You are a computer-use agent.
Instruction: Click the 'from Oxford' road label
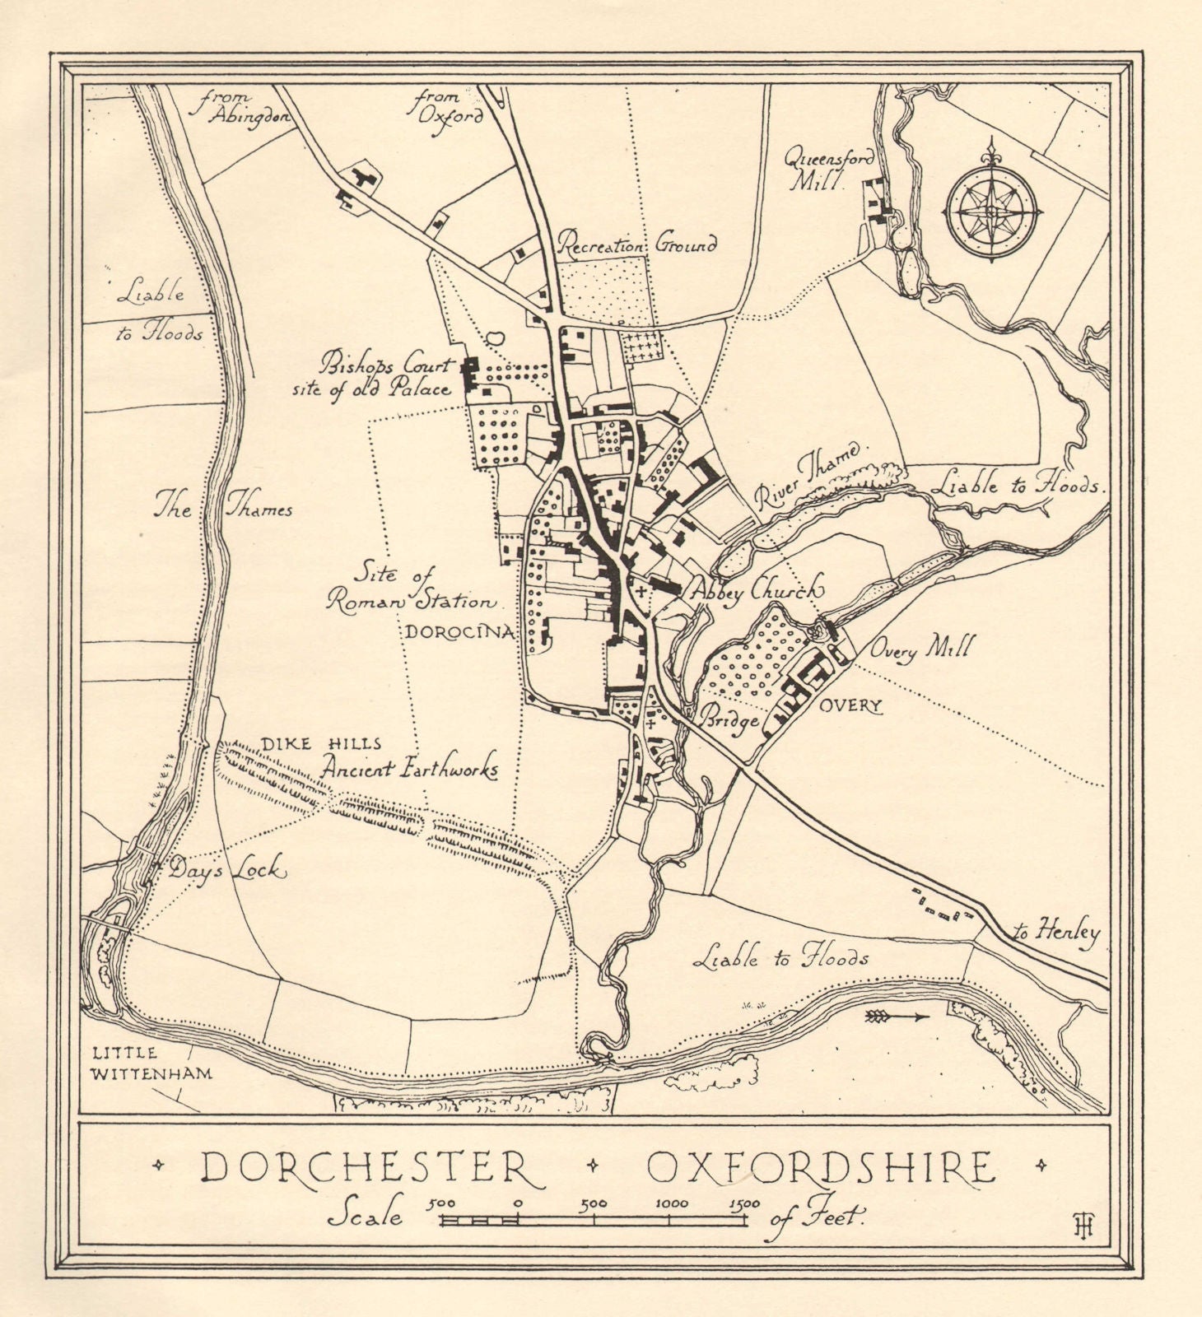[448, 107]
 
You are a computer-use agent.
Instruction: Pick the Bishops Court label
[388, 362]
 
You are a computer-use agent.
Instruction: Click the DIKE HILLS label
[320, 744]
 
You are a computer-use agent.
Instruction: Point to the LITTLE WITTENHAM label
[151, 1063]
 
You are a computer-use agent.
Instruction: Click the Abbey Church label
[757, 589]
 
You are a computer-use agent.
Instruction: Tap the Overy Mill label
[911, 651]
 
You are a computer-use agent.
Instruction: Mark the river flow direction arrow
[897, 1017]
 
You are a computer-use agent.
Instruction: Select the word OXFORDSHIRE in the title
[820, 1166]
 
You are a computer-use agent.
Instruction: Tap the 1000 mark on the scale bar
[672, 1204]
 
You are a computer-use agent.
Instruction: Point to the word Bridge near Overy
[729, 720]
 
